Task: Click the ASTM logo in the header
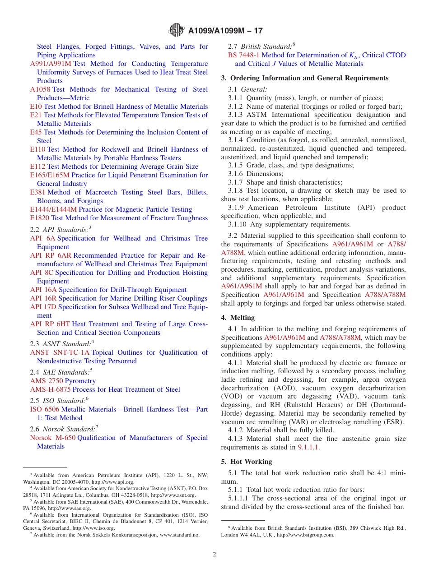pos(176,30)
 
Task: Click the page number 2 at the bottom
pos(214,555)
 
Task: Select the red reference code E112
pos(38,167)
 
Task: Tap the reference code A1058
pos(40,89)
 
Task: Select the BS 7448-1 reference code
pos(244,55)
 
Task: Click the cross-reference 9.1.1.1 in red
pos(308,447)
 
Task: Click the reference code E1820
pos(40,218)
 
